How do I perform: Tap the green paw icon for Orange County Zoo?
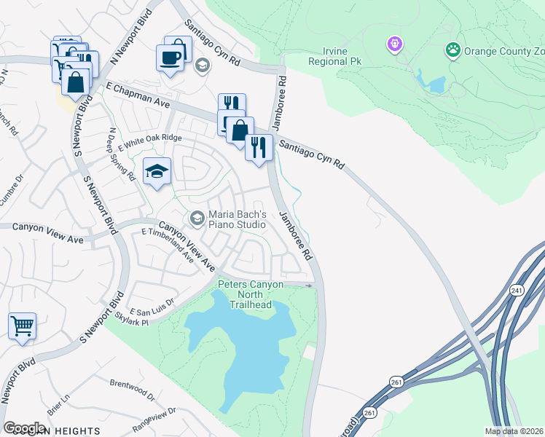coord(453,50)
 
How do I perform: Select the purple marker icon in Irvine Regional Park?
coord(395,44)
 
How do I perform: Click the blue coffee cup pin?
coord(170,57)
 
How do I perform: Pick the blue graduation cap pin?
coord(157,172)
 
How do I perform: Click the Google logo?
coord(24,428)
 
